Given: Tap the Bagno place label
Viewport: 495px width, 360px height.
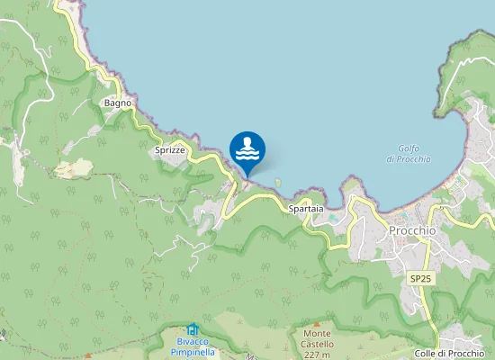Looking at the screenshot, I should coord(118,103).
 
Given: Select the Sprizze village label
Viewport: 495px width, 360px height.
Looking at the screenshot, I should coord(169,149).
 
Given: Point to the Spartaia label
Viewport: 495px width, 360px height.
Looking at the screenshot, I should coord(305,209).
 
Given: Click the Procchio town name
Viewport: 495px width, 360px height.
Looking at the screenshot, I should coord(412,230).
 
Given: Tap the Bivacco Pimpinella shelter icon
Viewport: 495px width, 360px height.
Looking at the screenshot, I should coord(192,329).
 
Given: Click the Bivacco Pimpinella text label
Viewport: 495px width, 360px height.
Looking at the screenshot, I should coord(192,346).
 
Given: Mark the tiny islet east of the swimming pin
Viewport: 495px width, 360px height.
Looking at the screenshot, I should coord(278,183).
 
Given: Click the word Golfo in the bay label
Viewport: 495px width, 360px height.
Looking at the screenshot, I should coord(409,148).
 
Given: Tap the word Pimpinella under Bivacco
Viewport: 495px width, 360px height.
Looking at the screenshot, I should coord(192,352).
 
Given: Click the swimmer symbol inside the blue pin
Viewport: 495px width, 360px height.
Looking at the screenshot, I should coord(247,148).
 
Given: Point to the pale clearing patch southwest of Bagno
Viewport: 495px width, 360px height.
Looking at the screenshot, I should coord(74,167).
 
